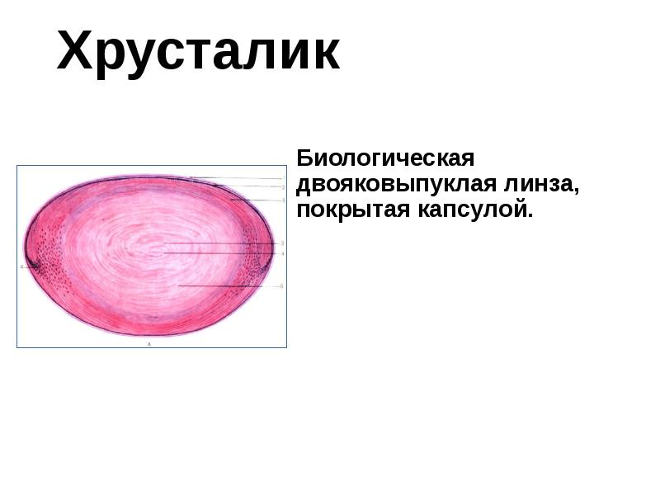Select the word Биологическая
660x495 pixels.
point(385,158)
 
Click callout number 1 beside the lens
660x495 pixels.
point(283,177)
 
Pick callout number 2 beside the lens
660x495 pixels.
point(283,188)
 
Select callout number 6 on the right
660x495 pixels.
point(283,286)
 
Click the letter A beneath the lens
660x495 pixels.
point(148,342)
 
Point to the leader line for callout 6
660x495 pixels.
point(231,286)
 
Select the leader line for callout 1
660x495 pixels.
point(239,178)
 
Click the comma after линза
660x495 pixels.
point(575,190)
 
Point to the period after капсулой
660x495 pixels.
point(531,216)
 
